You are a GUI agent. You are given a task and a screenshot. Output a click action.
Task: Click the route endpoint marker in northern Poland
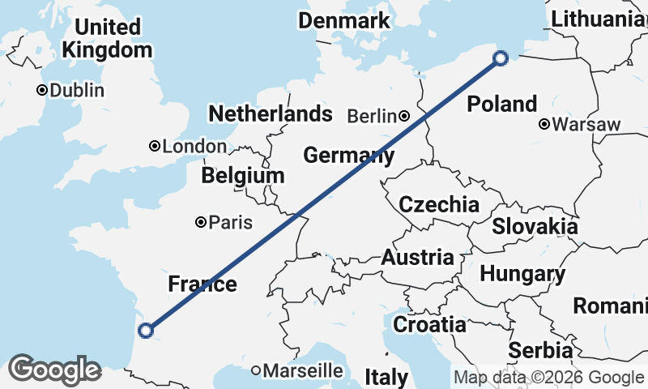pos(501,58)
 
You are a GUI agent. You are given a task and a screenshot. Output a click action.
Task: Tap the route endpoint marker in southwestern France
pos(146,330)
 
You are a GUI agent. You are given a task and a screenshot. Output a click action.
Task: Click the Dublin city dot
pos(41,90)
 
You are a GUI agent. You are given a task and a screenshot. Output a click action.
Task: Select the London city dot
pos(154,146)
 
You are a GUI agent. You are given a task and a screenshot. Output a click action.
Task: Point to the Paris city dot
pos(200,222)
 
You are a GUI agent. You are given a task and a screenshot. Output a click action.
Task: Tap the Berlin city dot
pos(403,117)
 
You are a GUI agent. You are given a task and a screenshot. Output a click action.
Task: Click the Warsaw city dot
pos(544,125)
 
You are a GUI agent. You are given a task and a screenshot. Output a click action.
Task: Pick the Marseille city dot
pos(256,370)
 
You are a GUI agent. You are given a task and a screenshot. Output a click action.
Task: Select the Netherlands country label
pos(271,113)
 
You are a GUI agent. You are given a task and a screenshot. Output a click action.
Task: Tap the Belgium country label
pos(243,175)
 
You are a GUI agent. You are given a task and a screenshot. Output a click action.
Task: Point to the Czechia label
pos(439,203)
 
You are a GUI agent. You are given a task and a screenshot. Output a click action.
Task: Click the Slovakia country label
pos(535,226)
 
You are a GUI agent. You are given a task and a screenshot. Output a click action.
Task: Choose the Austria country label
pos(417,258)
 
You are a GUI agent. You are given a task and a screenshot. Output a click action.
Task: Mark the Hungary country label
pos(522,274)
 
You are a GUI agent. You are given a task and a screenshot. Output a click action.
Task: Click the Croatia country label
pos(429,325)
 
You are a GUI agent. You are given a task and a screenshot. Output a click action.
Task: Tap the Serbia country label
pos(540,351)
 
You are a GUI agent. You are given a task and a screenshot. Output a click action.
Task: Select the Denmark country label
pos(344,20)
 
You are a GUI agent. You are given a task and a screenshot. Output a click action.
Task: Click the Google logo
pos(54,370)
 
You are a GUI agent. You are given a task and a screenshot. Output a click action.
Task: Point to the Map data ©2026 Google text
pos(548,377)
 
